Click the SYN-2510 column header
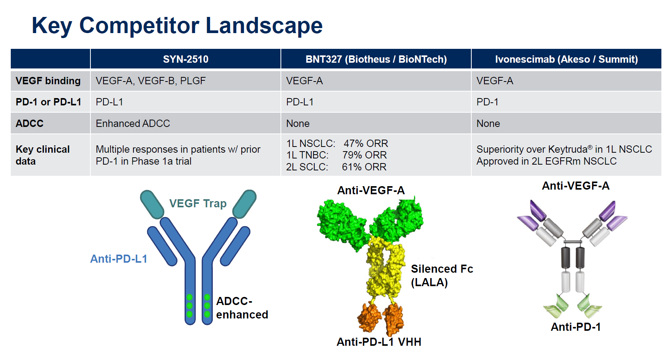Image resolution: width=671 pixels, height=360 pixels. coord(185,59)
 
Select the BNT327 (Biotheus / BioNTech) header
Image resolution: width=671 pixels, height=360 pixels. coord(376,59)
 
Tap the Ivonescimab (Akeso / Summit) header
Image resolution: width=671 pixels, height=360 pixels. coord(566,59)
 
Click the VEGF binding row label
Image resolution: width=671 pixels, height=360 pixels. coord(48,81)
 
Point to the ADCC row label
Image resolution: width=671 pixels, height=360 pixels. coord(30,123)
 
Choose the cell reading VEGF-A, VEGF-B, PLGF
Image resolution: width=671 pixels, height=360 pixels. coord(151,81)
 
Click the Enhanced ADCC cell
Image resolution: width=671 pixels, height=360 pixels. coord(133,123)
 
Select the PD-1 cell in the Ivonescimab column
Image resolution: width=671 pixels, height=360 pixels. coord(487,102)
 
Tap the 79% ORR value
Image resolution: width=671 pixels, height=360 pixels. coord(364,155)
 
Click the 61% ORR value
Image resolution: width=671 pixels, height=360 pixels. coord(364,167)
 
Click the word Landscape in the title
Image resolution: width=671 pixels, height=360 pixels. coord(264,25)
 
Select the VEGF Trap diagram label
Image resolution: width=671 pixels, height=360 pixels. coord(198,203)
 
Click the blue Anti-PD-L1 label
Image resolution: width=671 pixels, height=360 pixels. coord(119,259)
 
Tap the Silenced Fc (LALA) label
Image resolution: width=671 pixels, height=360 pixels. coord(442,275)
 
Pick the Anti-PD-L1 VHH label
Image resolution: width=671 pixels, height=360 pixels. coord(379,342)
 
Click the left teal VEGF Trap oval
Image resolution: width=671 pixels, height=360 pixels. coord(152,204)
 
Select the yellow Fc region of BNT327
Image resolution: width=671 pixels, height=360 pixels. coord(385,269)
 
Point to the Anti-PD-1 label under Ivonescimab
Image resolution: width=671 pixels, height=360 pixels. coord(576,327)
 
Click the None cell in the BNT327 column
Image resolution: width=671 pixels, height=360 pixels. coord(298,123)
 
